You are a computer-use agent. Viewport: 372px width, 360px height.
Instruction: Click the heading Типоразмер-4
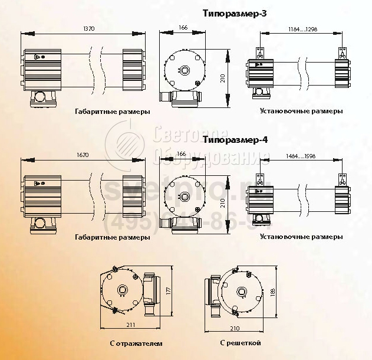click(235, 140)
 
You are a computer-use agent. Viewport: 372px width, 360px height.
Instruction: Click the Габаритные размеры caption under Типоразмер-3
click(112, 111)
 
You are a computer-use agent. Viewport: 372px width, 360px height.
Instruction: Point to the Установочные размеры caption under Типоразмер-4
click(301, 237)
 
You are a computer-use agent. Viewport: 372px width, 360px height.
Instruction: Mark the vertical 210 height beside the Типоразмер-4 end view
click(222, 203)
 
